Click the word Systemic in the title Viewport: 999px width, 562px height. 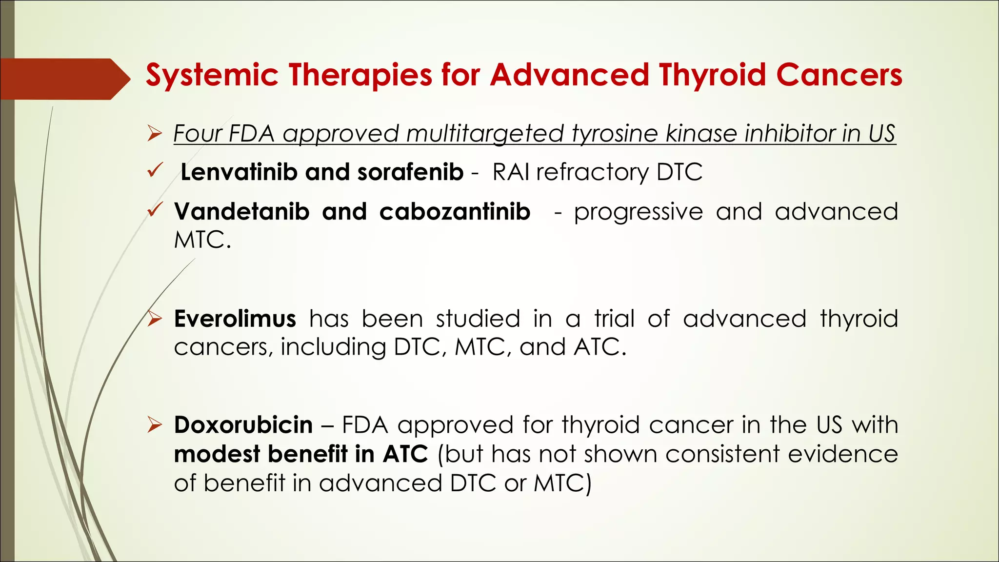pyautogui.click(x=212, y=76)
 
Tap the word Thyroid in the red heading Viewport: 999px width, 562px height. pyautogui.click(x=712, y=76)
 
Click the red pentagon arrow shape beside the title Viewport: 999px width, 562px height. pyautogui.click(x=63, y=79)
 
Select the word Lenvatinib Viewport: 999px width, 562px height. pyautogui.click(x=239, y=172)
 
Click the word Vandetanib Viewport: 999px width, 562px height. pyautogui.click(x=242, y=211)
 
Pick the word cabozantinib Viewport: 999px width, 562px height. pyautogui.click(x=455, y=211)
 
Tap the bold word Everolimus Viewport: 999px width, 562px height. pyautogui.click(x=235, y=319)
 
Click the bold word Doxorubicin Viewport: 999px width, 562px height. pyautogui.click(x=243, y=425)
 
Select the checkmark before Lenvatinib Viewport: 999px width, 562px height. pyautogui.click(x=154, y=171)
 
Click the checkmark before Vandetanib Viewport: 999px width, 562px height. pyautogui.click(x=154, y=210)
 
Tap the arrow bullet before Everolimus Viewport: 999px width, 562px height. pyautogui.click(x=155, y=319)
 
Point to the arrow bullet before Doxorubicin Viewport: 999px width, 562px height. pyautogui.click(x=155, y=425)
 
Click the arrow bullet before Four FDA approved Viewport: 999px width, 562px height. pyautogui.click(x=155, y=133)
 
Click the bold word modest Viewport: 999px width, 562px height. pyautogui.click(x=217, y=454)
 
